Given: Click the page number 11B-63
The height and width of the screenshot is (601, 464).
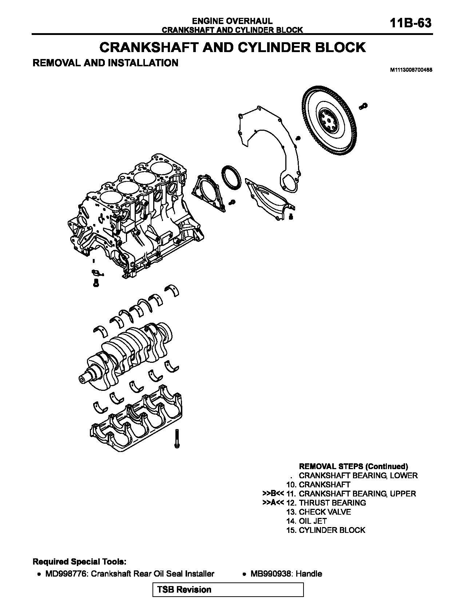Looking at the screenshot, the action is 410,23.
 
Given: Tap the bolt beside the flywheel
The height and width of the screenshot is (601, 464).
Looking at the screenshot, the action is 363,106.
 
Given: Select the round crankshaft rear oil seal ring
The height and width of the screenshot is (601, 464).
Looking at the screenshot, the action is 231,177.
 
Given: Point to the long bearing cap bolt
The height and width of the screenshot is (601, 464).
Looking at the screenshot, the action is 177,439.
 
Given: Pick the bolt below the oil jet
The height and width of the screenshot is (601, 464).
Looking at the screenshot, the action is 96,283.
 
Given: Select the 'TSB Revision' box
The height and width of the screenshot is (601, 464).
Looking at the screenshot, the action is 228,589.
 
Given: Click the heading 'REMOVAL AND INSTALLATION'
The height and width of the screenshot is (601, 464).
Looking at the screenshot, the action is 105,63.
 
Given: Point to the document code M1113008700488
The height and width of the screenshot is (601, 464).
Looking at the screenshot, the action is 411,70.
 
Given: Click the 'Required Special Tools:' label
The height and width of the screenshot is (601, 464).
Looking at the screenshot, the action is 80,562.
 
